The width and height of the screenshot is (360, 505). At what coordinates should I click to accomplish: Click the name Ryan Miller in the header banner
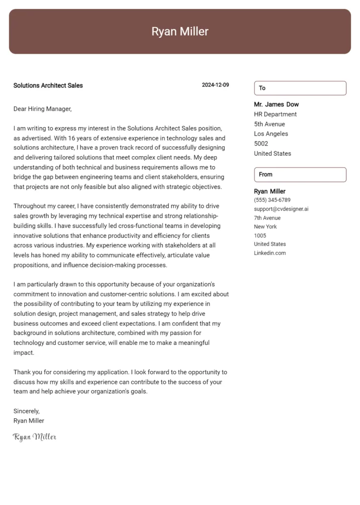tap(180, 32)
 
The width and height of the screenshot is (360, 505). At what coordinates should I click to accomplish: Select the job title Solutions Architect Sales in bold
tap(48, 85)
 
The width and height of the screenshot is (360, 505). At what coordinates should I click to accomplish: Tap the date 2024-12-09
tap(215, 85)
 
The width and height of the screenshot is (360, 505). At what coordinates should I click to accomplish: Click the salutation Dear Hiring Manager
tap(42, 108)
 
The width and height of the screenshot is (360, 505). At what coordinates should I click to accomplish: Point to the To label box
tap(300, 88)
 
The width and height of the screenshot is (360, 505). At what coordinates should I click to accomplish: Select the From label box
tap(300, 175)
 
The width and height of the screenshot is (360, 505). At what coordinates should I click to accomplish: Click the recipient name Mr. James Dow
tap(276, 105)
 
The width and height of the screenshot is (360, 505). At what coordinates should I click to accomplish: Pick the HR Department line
tap(275, 114)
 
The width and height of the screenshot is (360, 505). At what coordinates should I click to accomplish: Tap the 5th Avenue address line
tap(269, 124)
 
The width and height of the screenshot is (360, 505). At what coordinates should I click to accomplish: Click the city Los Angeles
tap(271, 134)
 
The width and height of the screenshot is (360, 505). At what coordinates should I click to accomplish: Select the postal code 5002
tap(261, 144)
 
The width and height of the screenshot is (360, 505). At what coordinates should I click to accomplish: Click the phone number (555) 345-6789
tap(272, 200)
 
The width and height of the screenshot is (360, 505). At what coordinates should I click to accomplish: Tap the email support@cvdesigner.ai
tap(281, 209)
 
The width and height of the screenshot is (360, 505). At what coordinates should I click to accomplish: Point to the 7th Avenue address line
tap(267, 218)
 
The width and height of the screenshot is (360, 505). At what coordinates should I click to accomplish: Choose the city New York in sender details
tap(265, 227)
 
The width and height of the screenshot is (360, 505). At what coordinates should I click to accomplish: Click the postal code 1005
tap(260, 236)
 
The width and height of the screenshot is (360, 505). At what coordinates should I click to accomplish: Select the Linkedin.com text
tap(270, 253)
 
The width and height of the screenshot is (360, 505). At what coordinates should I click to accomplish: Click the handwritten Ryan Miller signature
tap(35, 437)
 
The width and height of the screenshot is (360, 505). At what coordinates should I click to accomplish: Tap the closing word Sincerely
tap(26, 411)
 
